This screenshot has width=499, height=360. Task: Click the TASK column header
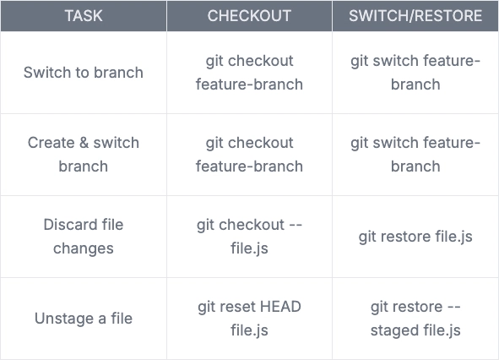[x=84, y=15]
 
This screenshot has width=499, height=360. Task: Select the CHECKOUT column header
[x=249, y=15]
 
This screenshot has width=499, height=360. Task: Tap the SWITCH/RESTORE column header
[x=415, y=15]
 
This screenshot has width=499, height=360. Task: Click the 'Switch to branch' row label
[x=84, y=73]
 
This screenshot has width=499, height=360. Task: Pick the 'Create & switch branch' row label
[x=84, y=155]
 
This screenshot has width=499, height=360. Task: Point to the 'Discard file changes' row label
[x=84, y=237]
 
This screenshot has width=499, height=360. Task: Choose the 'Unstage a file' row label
[x=84, y=319]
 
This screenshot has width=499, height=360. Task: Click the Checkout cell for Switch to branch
[x=249, y=73]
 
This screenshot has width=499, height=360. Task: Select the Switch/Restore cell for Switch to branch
[x=415, y=73]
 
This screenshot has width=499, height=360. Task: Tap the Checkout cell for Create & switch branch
[x=249, y=155]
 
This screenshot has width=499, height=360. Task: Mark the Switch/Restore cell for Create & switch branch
[x=415, y=155]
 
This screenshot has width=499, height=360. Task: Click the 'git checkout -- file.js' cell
[x=249, y=237]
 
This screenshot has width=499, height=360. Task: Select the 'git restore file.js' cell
[x=415, y=237]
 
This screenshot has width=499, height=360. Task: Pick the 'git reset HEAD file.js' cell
[x=249, y=319]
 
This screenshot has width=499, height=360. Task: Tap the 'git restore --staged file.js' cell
[x=415, y=319]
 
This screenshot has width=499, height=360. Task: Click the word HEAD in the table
[x=280, y=307]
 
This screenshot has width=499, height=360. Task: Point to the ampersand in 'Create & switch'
[x=84, y=143]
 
